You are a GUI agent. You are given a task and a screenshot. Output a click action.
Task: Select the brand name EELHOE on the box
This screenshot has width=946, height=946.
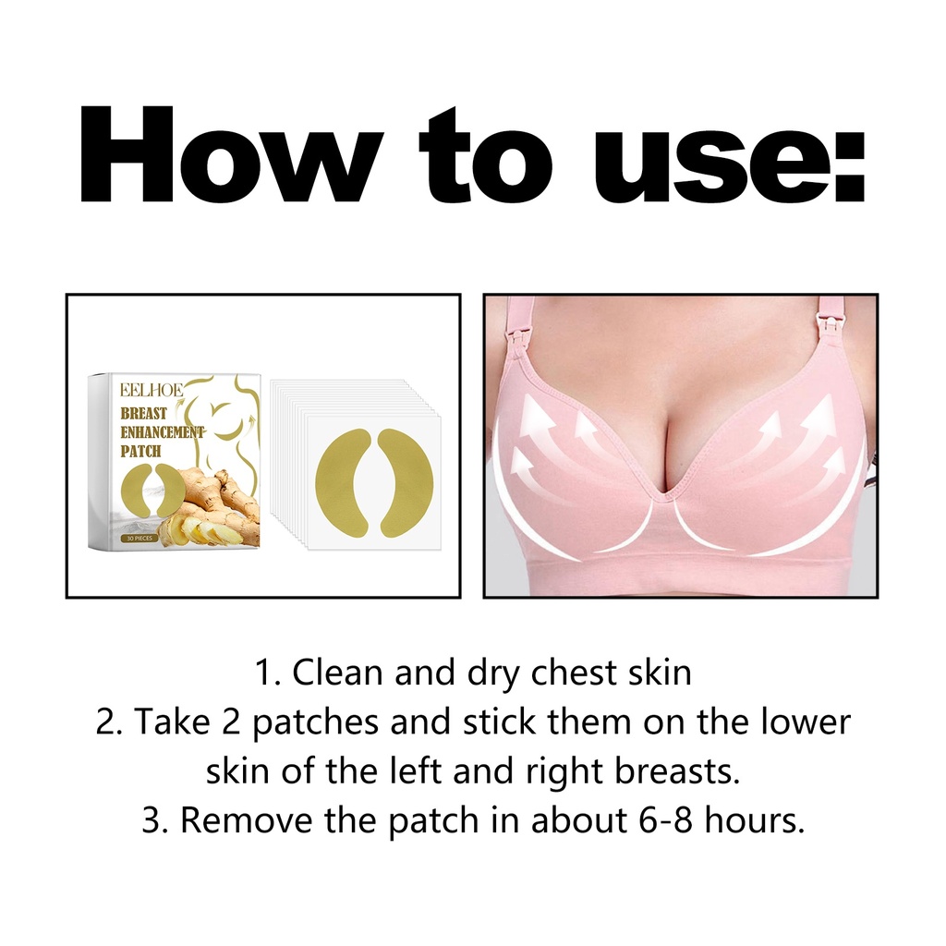pos(152,392)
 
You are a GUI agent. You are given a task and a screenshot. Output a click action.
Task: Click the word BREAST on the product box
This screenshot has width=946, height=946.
pos(143,414)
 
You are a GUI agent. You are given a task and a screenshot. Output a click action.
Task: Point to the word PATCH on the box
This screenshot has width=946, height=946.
pos(140,451)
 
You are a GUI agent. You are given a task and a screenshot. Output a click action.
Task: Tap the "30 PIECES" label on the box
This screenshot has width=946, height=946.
pos(140,538)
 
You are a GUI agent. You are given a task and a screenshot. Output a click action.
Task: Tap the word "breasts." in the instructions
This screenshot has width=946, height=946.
pos(677,770)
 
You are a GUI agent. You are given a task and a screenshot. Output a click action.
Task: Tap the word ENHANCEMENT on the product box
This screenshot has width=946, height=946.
pos(163,432)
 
